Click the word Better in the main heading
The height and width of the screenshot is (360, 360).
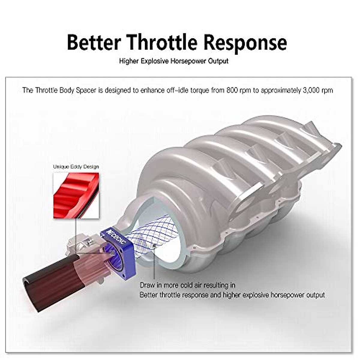(94, 42)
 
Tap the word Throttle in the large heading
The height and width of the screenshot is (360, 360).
(162, 42)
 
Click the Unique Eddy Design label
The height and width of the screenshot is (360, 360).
(76, 166)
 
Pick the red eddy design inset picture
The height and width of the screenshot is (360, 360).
(76, 195)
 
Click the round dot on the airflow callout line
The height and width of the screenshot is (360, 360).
(154, 245)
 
